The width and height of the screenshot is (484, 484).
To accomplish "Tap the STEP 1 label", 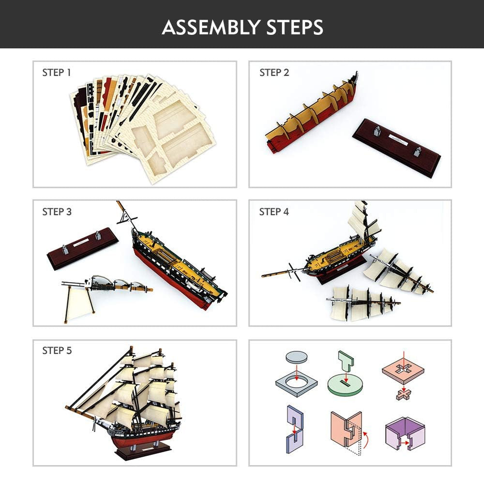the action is (57, 73).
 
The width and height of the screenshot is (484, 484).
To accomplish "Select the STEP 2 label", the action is (274, 73).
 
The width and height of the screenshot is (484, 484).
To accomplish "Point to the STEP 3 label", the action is (57, 212).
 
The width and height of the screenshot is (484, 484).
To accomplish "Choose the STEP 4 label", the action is (274, 212).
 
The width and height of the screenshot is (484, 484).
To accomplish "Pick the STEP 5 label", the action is (57, 350).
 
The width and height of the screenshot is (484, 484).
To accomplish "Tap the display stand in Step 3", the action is (82, 248).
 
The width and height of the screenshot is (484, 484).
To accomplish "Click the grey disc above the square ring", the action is (297, 357).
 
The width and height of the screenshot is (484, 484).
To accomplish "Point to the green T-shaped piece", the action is (346, 361).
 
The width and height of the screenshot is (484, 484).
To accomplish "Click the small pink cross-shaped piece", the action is (404, 394).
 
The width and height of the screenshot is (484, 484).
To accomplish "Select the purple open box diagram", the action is (405, 434).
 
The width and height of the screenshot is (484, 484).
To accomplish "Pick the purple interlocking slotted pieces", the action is (295, 429).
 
